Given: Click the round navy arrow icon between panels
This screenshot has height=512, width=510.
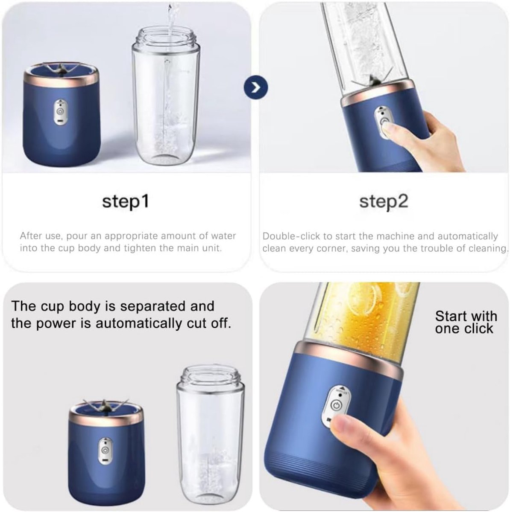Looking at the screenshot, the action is coord(256,87).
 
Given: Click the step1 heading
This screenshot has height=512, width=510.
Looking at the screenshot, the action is coord(125,201).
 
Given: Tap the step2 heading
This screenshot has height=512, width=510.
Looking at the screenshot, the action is coord(384,201).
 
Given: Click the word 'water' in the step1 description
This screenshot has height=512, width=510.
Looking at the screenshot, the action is coord(223,236).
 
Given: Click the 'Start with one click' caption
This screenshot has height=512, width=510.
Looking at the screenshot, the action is coord(466,322).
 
